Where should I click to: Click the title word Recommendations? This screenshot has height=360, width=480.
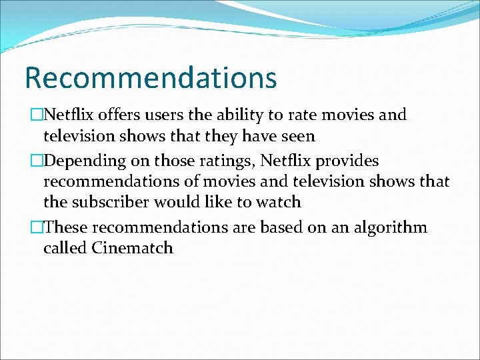pos(150,77)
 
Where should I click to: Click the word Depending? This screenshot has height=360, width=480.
pos(85,161)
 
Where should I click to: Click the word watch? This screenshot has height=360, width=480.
pos(279,201)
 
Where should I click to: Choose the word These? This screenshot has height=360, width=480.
pos(67,227)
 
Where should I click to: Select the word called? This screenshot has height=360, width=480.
pos(65,248)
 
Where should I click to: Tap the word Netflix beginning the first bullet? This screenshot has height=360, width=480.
pos(71,115)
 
